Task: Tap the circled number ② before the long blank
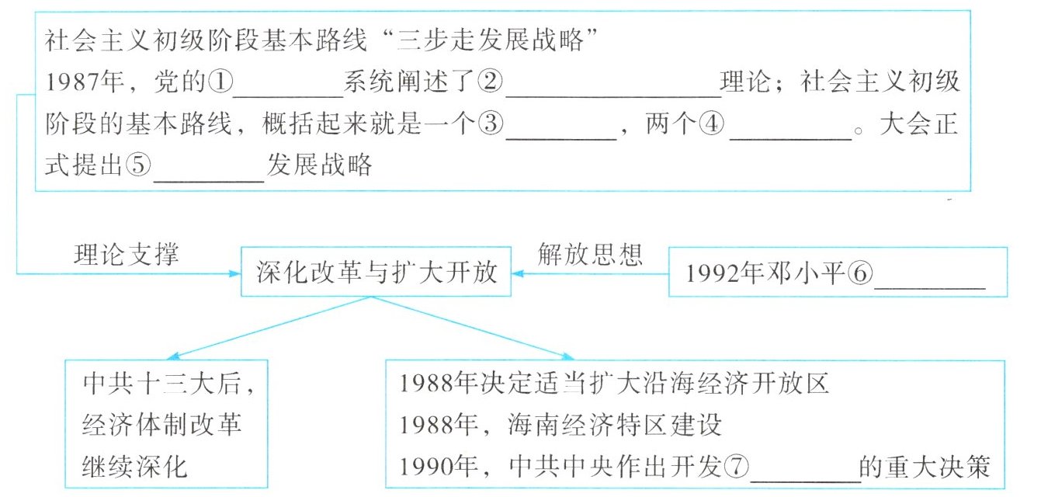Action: coord(491,82)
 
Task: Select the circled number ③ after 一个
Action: coord(491,123)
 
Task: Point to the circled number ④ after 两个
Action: coord(712,123)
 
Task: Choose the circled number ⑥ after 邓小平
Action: coord(860,273)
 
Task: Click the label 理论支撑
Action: coord(127,254)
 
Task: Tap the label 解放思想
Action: coord(590,254)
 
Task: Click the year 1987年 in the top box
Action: coord(85,82)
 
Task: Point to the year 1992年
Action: coord(726,273)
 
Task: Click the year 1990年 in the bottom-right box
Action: coord(439,466)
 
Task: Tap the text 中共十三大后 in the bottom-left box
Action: coord(163,384)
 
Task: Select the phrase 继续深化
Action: coord(135,467)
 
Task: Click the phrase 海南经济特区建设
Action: coord(614,425)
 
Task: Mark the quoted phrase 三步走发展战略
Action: coord(491,40)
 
